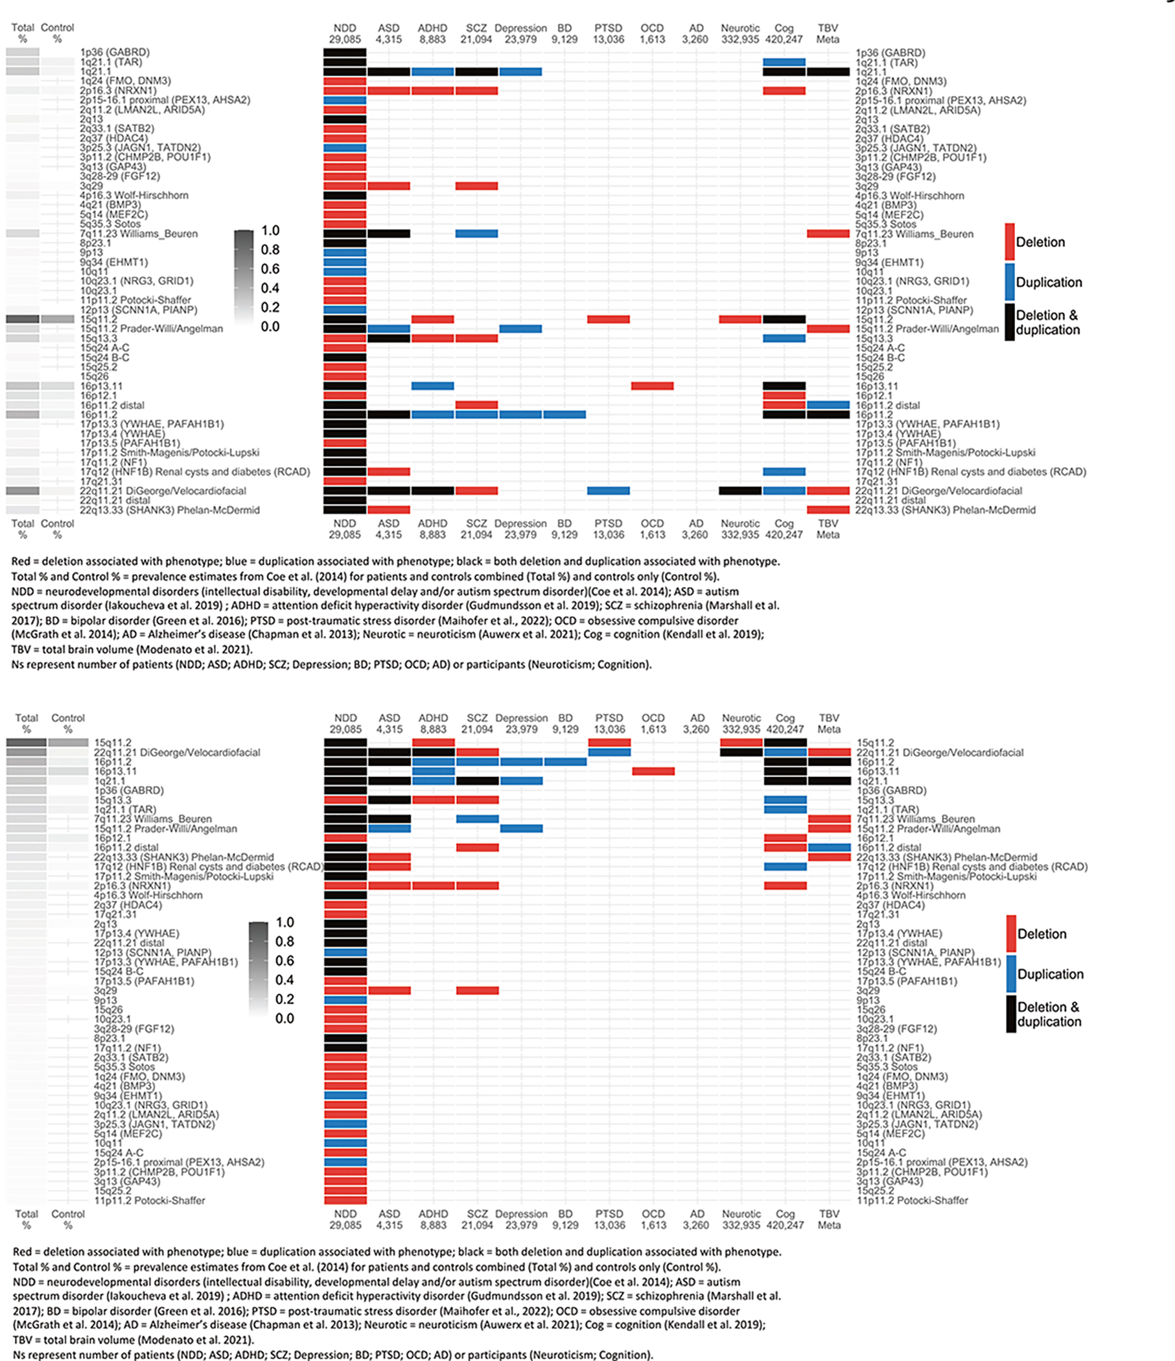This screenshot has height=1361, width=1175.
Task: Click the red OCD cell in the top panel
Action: pos(652,386)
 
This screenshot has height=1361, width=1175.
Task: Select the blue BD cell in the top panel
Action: pos(564,415)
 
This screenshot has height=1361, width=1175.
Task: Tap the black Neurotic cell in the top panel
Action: pos(740,491)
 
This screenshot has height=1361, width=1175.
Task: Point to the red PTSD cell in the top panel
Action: pos(608,320)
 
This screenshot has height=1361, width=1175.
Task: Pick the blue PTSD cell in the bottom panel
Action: pos(609,752)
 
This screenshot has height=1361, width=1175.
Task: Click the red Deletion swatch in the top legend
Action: pos(1010,242)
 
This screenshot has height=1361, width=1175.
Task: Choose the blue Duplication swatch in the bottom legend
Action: pos(1011,973)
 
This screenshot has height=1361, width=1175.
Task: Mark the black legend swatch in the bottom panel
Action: pos(1011,1014)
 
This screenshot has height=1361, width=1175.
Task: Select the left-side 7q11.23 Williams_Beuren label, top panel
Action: pos(139,234)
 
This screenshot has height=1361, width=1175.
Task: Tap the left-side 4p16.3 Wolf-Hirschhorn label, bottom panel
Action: pos(148,895)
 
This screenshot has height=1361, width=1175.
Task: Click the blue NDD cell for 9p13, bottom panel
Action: pos(345,1001)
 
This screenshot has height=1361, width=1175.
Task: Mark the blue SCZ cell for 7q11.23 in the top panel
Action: pos(476,234)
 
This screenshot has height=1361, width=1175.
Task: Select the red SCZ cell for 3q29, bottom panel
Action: pos(478,990)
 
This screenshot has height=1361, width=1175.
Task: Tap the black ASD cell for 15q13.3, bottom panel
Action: pos(390,800)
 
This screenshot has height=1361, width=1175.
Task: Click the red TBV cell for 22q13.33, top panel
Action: pos(828,509)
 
